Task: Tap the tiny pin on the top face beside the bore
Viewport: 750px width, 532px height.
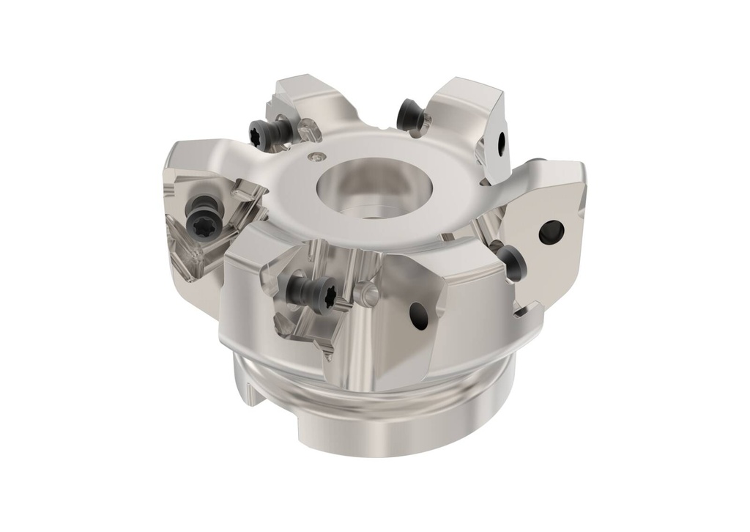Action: pos(316,155)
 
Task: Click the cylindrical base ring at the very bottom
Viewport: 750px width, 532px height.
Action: pos(381,425)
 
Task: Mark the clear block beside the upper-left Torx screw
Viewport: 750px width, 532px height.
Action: pos(308,133)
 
